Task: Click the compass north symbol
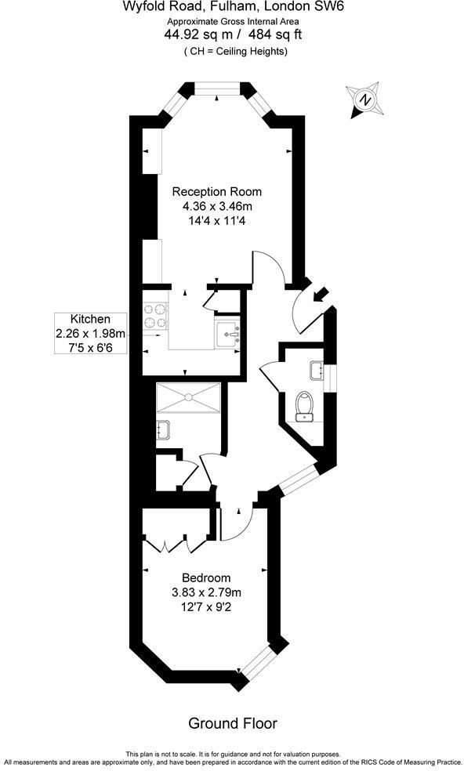364,100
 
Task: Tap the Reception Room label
216,191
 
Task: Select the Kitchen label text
90,319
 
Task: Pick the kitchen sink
228,334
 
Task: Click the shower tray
188,397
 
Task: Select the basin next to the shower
163,429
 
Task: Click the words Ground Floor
233,723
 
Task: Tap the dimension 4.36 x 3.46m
217,206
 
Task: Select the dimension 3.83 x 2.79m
206,592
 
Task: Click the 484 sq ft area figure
275,35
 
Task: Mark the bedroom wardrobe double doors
176,543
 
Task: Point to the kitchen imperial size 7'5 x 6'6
90,347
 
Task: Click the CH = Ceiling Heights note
235,51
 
